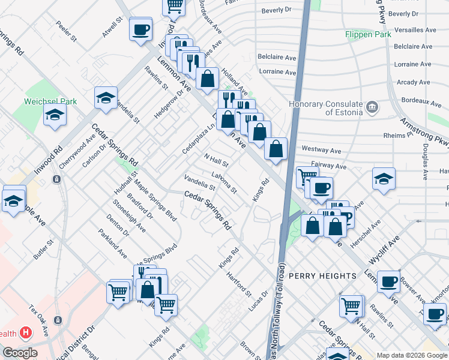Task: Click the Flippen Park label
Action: (368, 34)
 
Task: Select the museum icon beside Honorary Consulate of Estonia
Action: (372, 107)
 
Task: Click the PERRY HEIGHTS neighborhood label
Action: (322, 275)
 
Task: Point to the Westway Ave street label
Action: (321, 149)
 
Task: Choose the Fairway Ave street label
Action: (329, 166)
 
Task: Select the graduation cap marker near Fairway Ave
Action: (384, 179)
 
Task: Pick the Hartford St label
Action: (239, 284)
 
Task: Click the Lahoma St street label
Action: (224, 182)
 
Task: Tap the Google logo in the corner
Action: (19, 352)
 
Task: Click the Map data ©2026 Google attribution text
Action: (412, 355)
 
